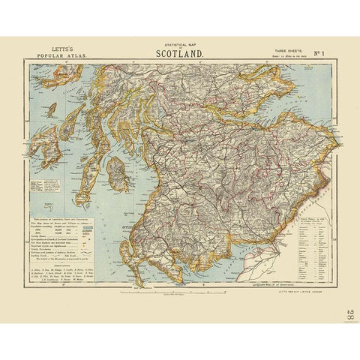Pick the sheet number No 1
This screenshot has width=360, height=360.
[318, 54]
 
